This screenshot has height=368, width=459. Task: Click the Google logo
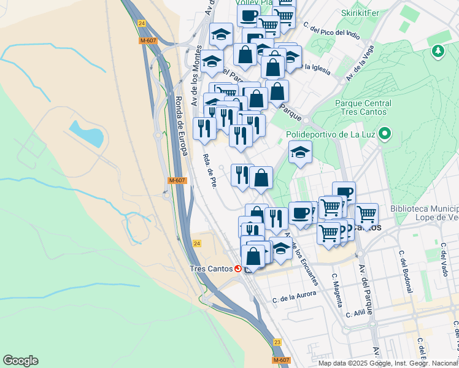click(20, 361)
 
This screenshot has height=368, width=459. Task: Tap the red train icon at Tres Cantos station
click(238, 269)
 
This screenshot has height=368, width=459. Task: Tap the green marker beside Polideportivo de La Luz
click(385, 133)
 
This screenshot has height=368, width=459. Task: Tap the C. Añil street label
click(357, 313)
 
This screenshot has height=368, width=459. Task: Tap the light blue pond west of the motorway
click(86, 134)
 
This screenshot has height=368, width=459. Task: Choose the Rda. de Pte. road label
click(209, 172)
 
